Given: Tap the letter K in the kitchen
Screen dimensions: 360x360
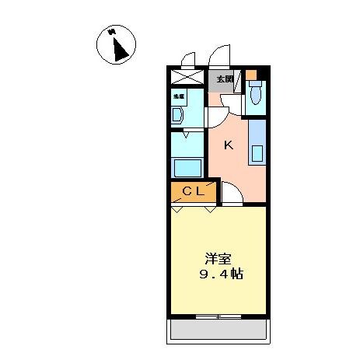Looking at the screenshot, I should click(229, 145).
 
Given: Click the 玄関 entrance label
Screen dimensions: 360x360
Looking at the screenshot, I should click(225, 79).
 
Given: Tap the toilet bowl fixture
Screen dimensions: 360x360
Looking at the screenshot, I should click(256, 97).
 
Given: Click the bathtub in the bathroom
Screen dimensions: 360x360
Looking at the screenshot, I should click(187, 167).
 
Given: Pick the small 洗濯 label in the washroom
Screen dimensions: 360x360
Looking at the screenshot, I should click(178, 95).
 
